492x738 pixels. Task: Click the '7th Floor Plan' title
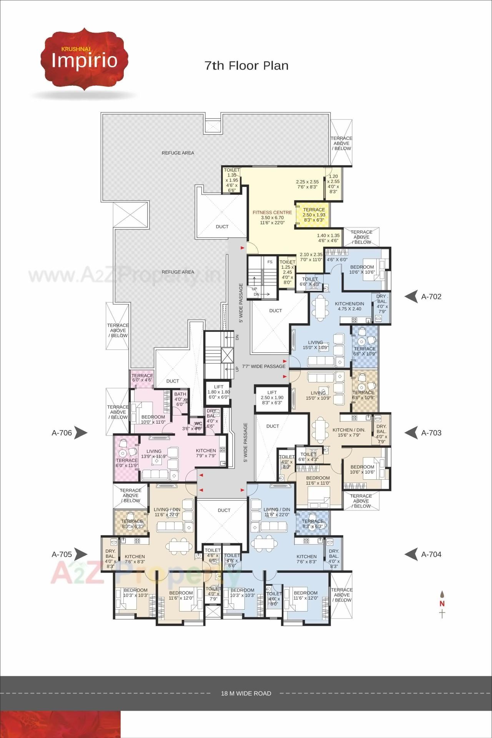(x=246, y=66)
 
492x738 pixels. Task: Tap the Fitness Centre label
(x=272, y=212)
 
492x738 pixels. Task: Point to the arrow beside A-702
(x=411, y=297)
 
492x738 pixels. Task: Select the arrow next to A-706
(x=81, y=433)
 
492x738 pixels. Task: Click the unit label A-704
(x=431, y=554)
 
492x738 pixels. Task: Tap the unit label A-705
(x=62, y=554)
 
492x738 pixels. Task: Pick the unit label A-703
(x=431, y=433)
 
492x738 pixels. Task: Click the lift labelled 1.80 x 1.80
(x=218, y=392)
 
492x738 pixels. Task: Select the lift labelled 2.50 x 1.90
(x=272, y=397)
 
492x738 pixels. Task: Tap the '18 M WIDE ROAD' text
(x=246, y=693)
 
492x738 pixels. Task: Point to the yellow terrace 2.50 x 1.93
(x=314, y=215)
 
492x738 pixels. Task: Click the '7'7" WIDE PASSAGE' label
(x=264, y=366)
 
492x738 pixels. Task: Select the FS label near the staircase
(x=270, y=262)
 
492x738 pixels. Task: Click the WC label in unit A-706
(x=198, y=424)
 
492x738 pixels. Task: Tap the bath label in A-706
(x=180, y=394)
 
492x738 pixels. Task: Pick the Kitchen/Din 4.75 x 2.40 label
(x=349, y=306)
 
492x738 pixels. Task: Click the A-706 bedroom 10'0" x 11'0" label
(x=153, y=419)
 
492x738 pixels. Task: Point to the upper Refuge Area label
(x=178, y=153)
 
